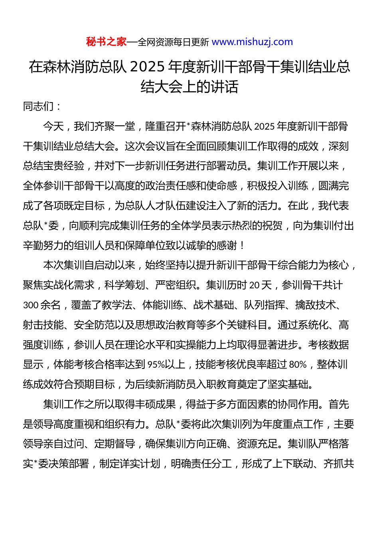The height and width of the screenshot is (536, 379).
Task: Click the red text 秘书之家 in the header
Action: tap(106, 42)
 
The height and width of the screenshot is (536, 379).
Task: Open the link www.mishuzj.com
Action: tap(252, 42)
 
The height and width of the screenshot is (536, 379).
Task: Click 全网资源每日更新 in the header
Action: tap(173, 42)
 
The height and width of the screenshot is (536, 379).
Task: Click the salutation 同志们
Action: tap(38, 106)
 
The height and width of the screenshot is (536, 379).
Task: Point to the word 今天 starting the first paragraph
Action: tap(53, 126)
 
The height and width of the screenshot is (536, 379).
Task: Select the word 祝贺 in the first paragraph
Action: tap(273, 226)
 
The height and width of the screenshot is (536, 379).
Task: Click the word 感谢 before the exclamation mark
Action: tap(227, 245)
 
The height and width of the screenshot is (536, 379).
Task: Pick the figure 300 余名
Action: tap(42, 305)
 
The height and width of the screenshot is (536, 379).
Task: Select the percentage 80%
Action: tap(298, 365)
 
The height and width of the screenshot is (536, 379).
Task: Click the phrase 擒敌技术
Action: tap(316, 305)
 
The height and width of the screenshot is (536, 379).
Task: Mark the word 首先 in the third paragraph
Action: tap(339, 404)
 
